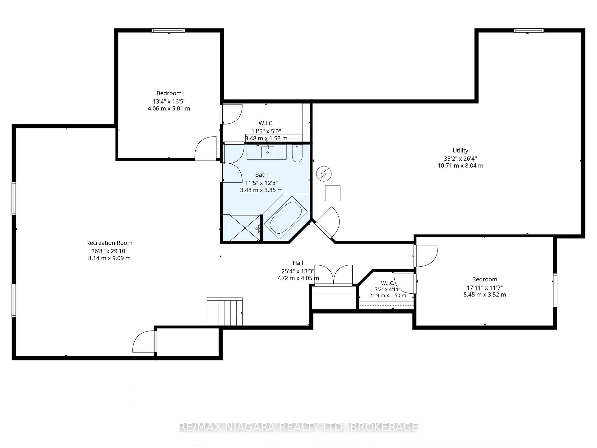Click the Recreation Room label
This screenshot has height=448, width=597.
pos(109,243)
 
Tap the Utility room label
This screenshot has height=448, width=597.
pos(460,151)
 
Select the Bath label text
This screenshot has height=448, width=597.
pos(261,175)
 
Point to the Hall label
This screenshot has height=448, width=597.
pos(298,263)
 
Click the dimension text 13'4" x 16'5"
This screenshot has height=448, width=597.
pos(169,101)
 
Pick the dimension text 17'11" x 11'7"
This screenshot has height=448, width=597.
pos(484,287)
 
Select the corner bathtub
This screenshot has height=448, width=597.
pos(285,217)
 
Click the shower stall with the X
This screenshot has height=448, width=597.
pos(245,228)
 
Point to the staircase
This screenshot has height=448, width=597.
pos(225,312)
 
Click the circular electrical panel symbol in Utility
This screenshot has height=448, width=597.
pos(324,174)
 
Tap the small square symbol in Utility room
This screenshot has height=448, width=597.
pos(333,193)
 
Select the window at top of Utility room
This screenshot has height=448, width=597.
pos(529,30)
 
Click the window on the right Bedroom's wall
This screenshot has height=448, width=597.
pos(555,290)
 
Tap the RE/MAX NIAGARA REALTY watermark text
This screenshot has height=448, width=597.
pos(298,427)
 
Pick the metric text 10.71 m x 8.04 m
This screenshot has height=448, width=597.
pos(460,166)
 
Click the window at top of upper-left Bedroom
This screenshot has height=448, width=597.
pos(168,30)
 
